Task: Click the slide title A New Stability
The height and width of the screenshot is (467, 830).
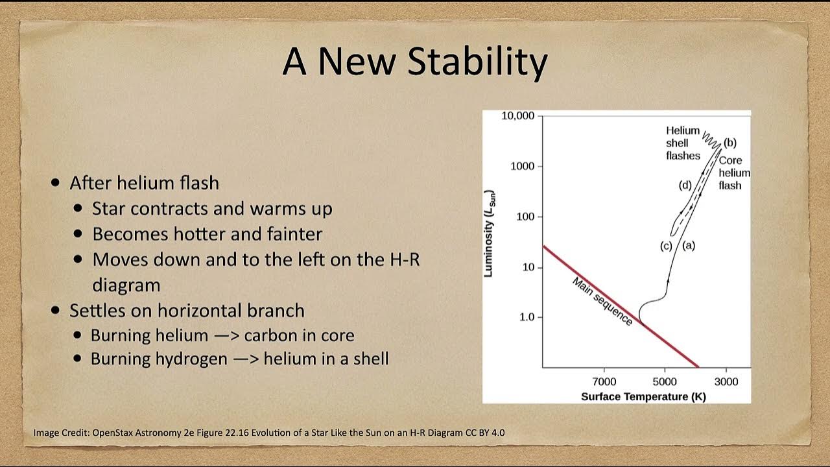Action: coord(415,62)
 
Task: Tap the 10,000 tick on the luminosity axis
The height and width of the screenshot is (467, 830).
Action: coord(517,116)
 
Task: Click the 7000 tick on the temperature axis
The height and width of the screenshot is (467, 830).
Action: coord(604,381)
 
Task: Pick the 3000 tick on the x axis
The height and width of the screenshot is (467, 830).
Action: coord(726,381)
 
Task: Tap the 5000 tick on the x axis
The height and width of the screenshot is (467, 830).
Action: coord(664,381)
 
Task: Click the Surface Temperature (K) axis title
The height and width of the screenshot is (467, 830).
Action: coord(643,397)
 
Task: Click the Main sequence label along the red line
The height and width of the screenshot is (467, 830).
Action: coord(602,302)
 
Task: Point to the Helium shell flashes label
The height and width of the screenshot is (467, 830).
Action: coord(683,143)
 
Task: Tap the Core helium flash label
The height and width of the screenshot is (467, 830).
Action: coord(733,173)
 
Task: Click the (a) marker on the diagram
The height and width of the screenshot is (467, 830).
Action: coord(689,245)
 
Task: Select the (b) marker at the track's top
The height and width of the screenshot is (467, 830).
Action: coord(730,143)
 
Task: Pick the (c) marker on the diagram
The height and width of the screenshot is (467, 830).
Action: coord(666,246)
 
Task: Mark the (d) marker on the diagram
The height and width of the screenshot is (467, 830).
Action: coord(685,186)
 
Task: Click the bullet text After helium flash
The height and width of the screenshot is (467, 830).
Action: coord(144,183)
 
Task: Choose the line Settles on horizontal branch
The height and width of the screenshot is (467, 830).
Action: coord(187,311)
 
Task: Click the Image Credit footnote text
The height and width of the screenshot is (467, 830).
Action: coord(268,433)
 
